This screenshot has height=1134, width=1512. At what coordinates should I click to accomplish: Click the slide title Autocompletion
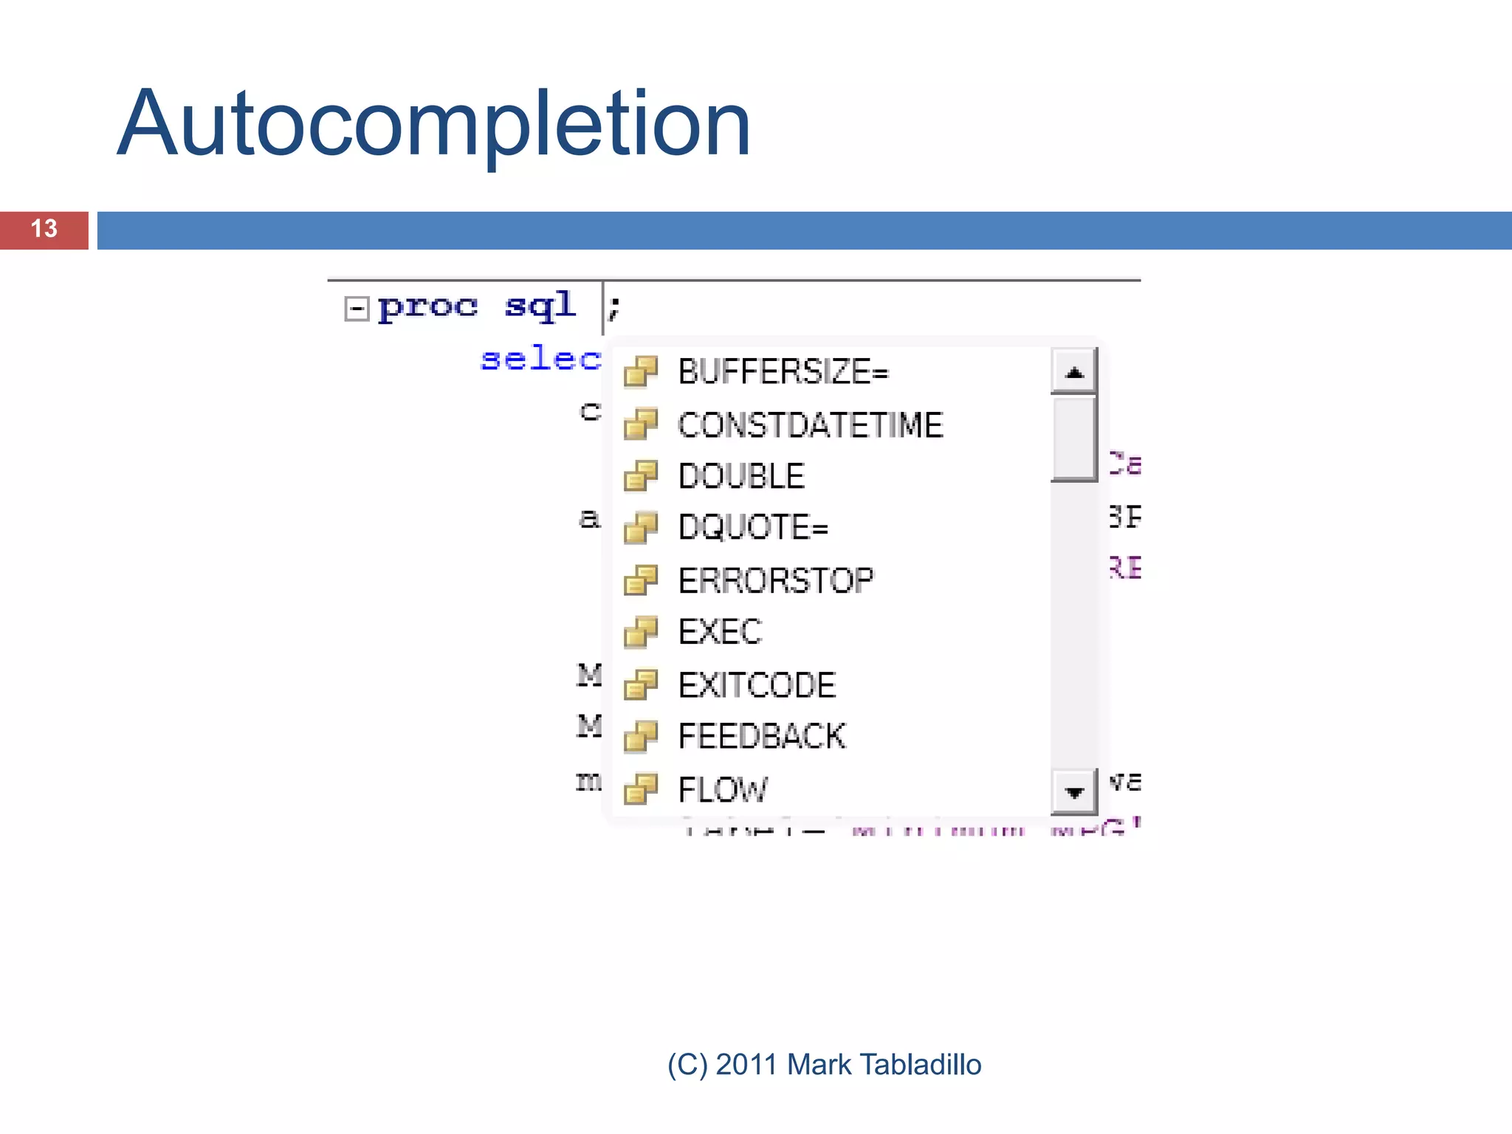pyautogui.click(x=434, y=124)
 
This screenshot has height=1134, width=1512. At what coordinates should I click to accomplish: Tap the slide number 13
pyautogui.click(x=44, y=229)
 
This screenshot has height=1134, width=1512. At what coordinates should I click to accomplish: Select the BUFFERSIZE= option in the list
pyautogui.click(x=783, y=371)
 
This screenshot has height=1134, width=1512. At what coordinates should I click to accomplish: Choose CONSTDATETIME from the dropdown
pyautogui.click(x=810, y=425)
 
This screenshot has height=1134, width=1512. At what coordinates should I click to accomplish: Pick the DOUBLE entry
pyautogui.click(x=740, y=476)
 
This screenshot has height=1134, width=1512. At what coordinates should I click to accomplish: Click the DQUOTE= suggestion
pyautogui.click(x=753, y=527)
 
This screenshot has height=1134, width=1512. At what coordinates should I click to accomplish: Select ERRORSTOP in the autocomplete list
pyautogui.click(x=775, y=580)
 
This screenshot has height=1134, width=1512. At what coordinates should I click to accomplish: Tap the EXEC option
pyautogui.click(x=720, y=632)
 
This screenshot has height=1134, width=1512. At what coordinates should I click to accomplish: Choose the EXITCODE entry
pyautogui.click(x=757, y=685)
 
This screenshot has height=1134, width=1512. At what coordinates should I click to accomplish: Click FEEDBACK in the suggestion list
pyautogui.click(x=761, y=737)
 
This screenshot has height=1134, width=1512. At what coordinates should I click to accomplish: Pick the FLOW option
pyautogui.click(x=722, y=790)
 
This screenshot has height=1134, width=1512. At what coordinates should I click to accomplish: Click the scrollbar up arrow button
pyautogui.click(x=1074, y=372)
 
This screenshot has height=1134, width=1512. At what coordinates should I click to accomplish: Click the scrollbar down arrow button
pyautogui.click(x=1074, y=792)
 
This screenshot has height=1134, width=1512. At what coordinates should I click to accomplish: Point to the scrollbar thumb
pyautogui.click(x=1073, y=439)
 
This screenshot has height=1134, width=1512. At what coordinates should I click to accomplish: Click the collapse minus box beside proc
pyautogui.click(x=357, y=309)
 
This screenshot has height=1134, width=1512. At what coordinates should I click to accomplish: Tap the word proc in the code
pyautogui.click(x=427, y=306)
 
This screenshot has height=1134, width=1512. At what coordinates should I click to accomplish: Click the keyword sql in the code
pyautogui.click(x=540, y=305)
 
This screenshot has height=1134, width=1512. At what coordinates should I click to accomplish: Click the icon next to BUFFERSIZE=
pyautogui.click(x=640, y=371)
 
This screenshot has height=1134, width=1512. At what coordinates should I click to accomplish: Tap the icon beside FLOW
pyautogui.click(x=640, y=789)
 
